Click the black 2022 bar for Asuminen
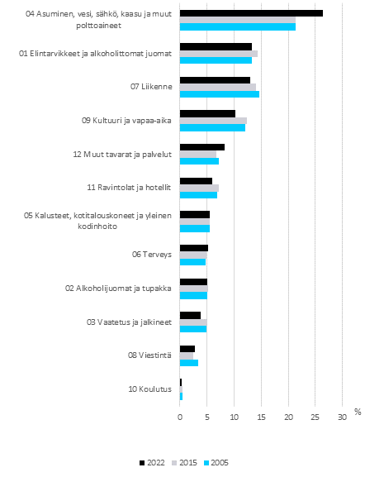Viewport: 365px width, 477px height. (251, 13)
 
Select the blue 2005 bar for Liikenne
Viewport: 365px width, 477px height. (220, 94)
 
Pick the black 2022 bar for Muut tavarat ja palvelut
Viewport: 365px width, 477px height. (202, 147)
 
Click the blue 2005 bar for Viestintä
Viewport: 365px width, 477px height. (189, 363)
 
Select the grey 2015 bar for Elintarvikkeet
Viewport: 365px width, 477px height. (219, 54)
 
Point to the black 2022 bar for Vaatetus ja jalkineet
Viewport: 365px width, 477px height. (190, 315)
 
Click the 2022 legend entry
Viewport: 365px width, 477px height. (148, 462)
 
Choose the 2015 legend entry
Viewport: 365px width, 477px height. (183, 462)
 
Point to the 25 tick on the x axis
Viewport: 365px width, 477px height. (315, 417)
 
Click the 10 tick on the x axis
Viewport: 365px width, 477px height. (234, 417)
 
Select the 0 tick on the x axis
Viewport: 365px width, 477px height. (180, 417)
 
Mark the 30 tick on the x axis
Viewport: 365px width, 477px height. (342, 417)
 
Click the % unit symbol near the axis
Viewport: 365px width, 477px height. (358, 410)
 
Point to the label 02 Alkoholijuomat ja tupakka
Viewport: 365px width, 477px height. (118, 288)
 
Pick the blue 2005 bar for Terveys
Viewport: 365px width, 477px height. (192, 262)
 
